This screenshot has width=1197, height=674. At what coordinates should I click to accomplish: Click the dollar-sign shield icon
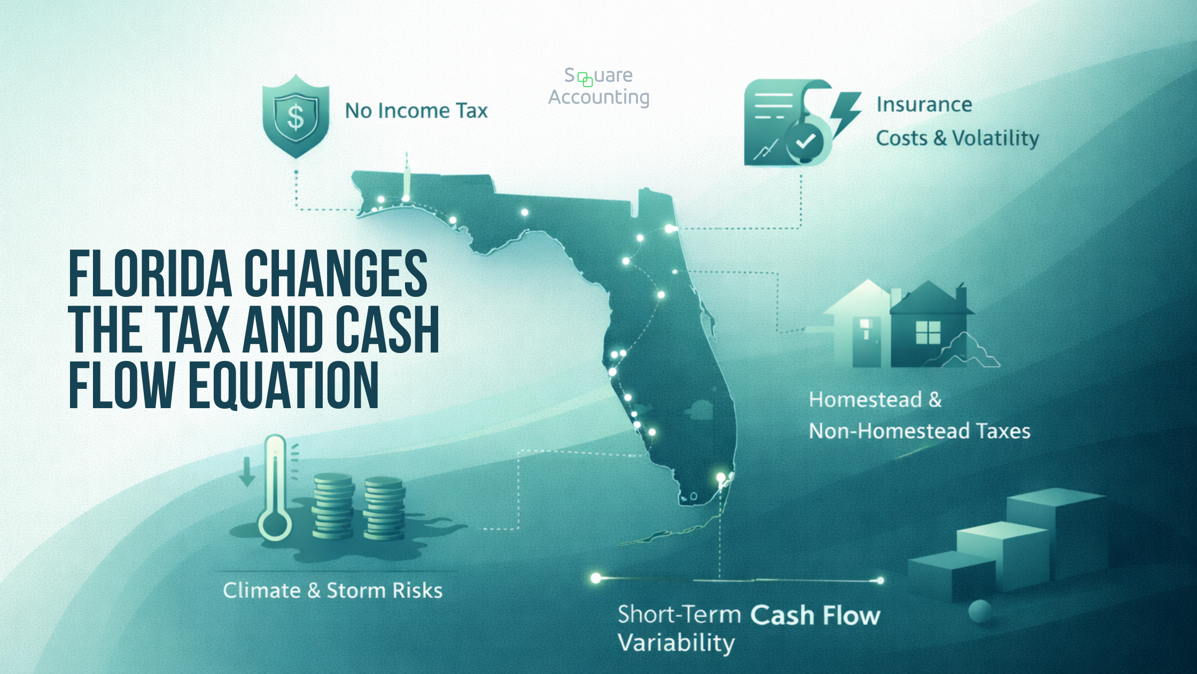(x=296, y=117)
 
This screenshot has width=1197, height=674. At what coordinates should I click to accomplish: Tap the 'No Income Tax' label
(x=416, y=111)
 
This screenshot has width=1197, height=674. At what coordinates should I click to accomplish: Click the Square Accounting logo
(x=598, y=86)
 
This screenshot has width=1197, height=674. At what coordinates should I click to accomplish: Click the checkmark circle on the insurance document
(x=805, y=141)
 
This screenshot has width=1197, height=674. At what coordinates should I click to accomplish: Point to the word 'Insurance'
(x=924, y=104)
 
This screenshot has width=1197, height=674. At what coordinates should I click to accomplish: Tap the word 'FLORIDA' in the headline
(x=150, y=274)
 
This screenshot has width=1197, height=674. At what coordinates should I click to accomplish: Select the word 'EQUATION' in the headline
(x=284, y=385)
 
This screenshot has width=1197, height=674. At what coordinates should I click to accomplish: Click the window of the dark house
(x=928, y=333)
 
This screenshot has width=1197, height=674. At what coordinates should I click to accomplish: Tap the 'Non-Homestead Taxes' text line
(x=919, y=431)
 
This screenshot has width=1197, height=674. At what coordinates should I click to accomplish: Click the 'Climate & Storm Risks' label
(x=332, y=591)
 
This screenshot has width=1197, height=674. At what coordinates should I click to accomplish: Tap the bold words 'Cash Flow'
(x=815, y=615)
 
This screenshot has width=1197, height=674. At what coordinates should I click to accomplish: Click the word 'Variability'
(x=676, y=643)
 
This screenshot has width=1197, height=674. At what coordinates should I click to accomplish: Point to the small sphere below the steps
(x=980, y=611)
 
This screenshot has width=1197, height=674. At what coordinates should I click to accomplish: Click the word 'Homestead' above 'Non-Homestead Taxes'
(x=865, y=400)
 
